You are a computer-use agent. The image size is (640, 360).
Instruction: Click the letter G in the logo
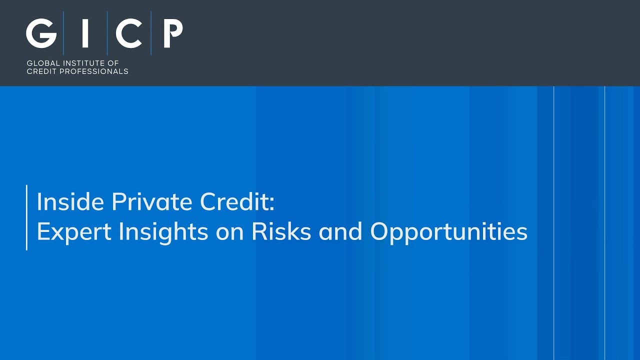point(41,34)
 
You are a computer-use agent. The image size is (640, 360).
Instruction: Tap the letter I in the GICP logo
point(85,34)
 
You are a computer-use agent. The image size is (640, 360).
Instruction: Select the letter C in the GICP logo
point(129,34)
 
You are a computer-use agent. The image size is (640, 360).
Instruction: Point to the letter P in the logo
point(173,34)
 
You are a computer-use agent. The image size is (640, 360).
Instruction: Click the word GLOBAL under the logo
point(43,63)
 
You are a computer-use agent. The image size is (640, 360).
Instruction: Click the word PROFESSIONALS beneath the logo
point(93,71)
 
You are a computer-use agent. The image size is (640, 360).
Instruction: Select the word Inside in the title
point(70,202)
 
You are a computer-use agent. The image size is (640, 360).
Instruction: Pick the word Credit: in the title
point(237,202)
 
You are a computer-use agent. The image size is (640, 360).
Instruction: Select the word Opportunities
point(448,231)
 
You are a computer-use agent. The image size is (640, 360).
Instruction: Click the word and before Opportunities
point(340,231)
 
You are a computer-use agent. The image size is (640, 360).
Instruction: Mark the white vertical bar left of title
point(26,217)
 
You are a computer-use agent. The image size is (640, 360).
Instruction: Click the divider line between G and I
point(63,33)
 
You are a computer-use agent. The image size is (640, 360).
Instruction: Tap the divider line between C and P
point(151,33)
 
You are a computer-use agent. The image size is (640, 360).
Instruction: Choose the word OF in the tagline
point(113,63)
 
